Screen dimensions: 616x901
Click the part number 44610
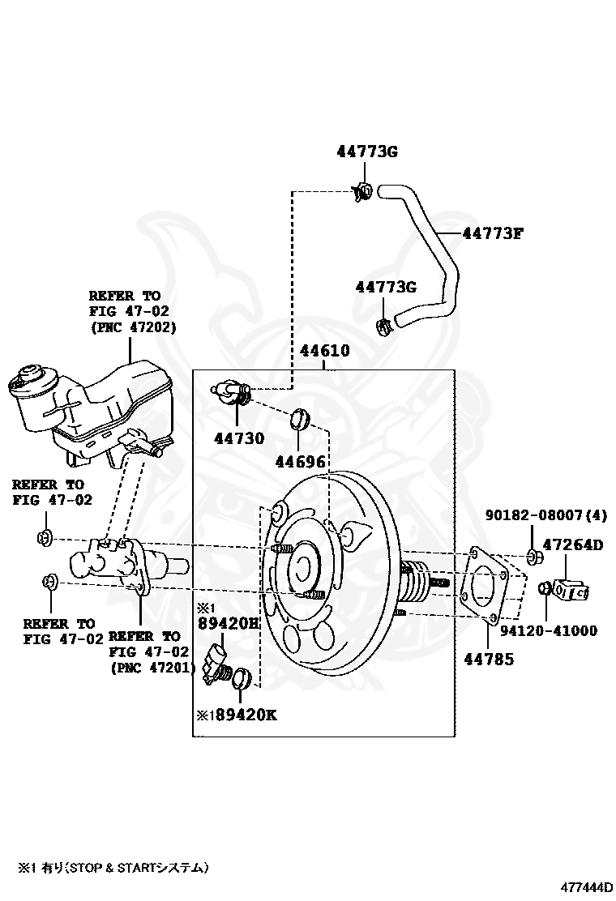(x=325, y=351)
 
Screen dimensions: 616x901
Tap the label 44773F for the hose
(x=493, y=233)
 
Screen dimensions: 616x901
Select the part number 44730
(x=239, y=438)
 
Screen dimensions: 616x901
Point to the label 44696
(x=300, y=461)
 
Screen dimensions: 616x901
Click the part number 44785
(x=489, y=659)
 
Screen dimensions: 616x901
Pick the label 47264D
(x=573, y=544)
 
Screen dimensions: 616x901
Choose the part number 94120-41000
(x=548, y=631)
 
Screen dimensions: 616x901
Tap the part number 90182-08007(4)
(x=546, y=515)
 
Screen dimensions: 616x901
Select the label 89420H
(x=228, y=623)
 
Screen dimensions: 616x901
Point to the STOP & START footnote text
(x=113, y=867)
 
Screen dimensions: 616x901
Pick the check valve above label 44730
(x=232, y=391)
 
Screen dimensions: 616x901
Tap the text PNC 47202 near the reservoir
(x=133, y=327)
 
